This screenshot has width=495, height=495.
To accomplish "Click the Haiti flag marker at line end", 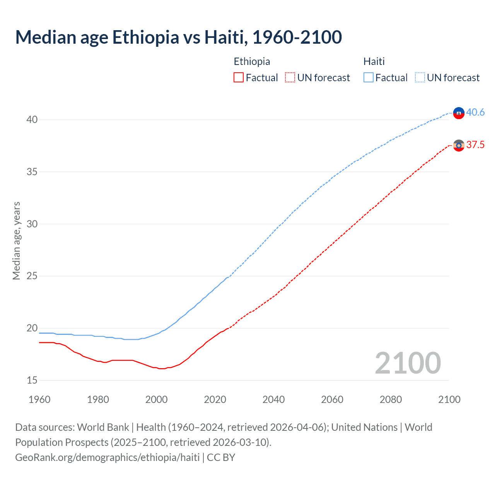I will (459, 113).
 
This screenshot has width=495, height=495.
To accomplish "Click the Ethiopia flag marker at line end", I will (459, 145).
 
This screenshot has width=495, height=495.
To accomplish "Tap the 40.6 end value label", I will (475, 112).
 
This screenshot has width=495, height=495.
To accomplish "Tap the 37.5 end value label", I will (475, 145).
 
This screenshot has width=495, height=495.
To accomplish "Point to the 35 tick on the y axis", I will (32, 172).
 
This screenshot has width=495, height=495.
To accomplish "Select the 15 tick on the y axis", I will (32, 380).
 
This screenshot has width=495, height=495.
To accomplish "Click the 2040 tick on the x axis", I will (273, 399).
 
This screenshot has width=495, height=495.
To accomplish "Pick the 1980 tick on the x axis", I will (98, 399).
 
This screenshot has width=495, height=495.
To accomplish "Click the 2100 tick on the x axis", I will (449, 399).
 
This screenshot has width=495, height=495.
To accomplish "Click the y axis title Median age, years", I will (16, 241).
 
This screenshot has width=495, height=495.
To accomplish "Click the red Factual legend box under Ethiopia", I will (239, 78).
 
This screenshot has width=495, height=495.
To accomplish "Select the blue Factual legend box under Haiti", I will (369, 78).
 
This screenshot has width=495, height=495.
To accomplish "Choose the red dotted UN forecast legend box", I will (290, 78).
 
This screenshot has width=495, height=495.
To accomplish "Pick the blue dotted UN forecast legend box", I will (420, 78).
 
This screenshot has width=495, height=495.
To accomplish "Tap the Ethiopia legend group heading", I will (252, 61).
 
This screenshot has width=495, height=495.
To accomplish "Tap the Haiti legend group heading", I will (374, 61).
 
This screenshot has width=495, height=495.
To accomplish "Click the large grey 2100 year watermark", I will (408, 363).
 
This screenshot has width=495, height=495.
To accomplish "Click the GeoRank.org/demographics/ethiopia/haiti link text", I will (108, 457).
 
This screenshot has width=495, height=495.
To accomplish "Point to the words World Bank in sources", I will (103, 427).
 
